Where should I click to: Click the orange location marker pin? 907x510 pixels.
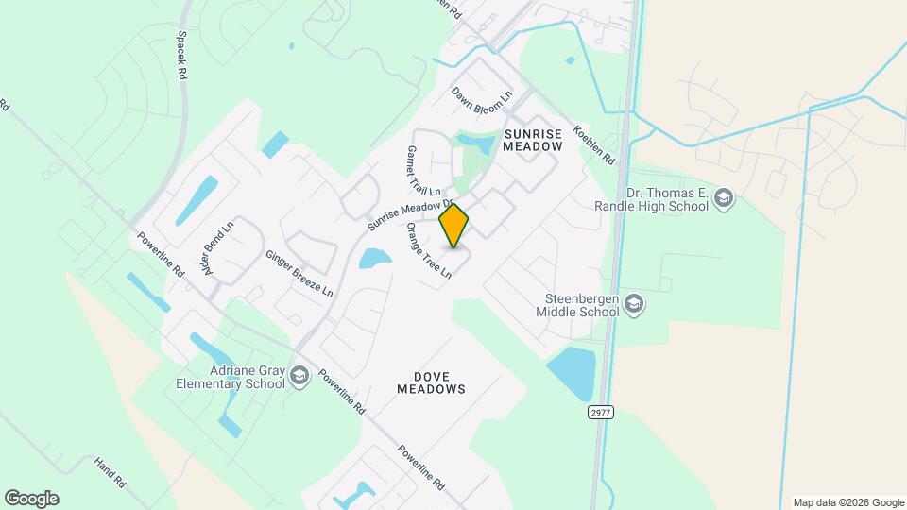[x=454, y=225]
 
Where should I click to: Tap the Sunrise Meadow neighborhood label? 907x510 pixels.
[x=532, y=140]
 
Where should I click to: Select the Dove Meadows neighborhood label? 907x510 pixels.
[x=431, y=382]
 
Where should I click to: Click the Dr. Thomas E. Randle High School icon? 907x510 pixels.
[x=724, y=197]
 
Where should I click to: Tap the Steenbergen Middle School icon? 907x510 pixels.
[x=633, y=305]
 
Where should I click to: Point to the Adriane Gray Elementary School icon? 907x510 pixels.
[x=299, y=377]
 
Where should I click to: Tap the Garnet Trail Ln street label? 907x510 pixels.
[x=417, y=171]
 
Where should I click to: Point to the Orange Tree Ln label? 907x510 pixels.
[x=429, y=250]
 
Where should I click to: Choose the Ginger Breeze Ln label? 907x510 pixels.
[x=299, y=274]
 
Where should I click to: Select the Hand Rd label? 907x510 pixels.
[x=110, y=471]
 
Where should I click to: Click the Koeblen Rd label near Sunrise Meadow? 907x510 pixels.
[x=601, y=144]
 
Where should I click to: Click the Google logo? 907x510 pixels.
[x=31, y=499]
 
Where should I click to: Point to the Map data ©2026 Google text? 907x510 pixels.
[x=848, y=502]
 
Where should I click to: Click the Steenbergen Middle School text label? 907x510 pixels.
[x=577, y=305]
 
